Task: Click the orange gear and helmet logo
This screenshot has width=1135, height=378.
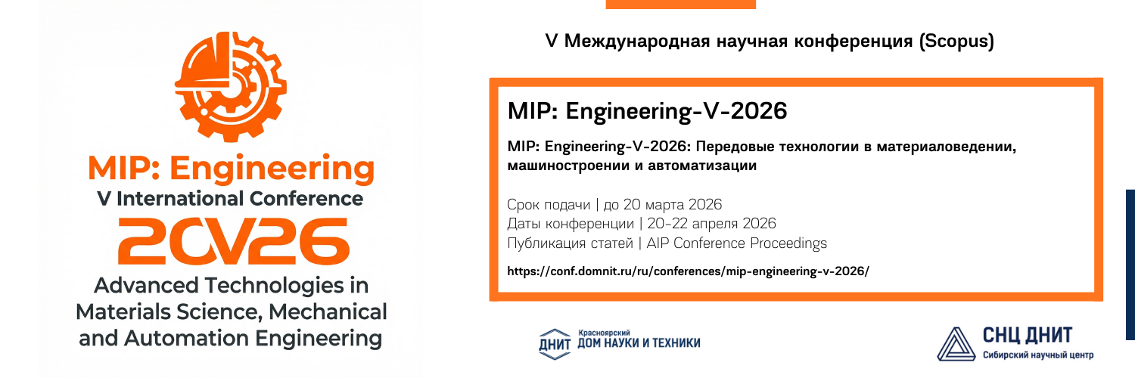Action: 231,86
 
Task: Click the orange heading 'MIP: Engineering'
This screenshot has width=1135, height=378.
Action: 231,169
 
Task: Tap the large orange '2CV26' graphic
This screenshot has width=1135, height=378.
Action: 234,241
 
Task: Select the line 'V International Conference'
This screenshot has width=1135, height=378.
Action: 230,199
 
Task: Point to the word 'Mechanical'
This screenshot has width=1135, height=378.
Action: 328,311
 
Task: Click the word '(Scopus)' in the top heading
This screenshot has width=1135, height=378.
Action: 956,41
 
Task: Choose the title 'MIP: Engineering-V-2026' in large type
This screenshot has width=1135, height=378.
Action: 647,111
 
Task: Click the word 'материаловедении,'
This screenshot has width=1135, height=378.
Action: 947,147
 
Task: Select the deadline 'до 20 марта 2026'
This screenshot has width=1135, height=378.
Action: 663,204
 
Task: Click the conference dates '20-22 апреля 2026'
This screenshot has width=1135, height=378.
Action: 711,224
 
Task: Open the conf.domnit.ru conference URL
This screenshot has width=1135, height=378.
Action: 688,271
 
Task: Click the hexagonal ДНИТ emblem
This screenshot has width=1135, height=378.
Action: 555,344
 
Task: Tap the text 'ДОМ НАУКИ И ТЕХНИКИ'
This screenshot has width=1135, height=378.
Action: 639,343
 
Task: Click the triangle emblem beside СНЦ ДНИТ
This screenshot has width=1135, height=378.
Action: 956,344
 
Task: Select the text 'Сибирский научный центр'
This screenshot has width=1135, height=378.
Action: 1037,355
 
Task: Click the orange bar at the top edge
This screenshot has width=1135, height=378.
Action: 680,4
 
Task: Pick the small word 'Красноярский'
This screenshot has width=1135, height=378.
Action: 604,333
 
